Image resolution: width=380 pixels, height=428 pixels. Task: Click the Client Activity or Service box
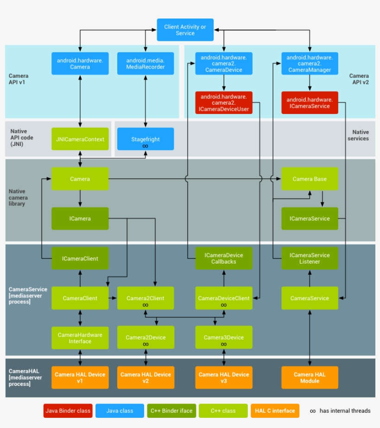point(185,30)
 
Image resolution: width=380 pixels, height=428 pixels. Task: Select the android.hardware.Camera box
point(80,63)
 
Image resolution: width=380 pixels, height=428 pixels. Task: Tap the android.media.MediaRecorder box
point(146,63)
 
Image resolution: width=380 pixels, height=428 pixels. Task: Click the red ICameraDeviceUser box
point(224,103)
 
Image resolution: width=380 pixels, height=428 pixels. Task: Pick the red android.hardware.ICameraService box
point(310,103)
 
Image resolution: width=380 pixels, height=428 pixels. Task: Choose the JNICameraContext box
point(80,139)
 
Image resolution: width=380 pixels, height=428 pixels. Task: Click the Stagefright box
point(146,139)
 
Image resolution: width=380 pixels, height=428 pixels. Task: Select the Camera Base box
point(310,179)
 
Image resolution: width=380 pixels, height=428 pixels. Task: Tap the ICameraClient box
point(80,258)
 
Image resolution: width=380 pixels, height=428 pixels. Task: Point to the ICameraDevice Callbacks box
point(224,258)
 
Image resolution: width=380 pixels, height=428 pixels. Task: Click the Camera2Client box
point(146,298)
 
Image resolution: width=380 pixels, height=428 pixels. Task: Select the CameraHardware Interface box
point(80,338)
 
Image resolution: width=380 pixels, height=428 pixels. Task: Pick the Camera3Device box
point(224,338)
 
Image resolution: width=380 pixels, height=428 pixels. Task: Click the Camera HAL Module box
point(310,378)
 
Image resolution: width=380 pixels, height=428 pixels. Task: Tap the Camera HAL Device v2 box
point(146,378)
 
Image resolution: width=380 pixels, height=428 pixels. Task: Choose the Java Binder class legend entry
point(68,410)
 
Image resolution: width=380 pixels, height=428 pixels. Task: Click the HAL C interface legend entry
point(274,410)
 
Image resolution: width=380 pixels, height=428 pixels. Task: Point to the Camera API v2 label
point(359,79)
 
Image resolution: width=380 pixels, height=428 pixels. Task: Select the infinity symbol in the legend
point(313,411)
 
